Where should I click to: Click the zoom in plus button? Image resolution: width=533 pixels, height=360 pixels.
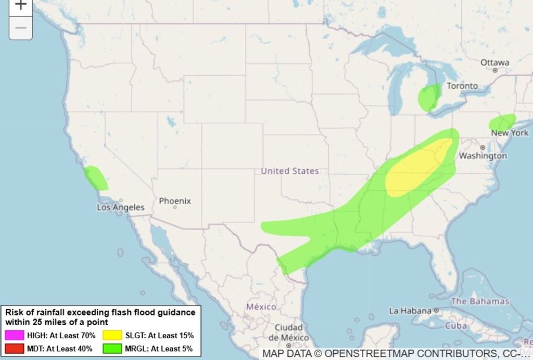[21, 5]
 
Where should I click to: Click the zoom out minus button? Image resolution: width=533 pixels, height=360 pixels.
[21, 28]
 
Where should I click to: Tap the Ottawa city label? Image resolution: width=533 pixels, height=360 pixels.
[494, 63]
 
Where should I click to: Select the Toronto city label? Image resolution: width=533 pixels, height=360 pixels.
[462, 86]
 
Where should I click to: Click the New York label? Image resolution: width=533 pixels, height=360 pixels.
[510, 133]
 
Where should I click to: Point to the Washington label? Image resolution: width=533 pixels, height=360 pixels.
[483, 156]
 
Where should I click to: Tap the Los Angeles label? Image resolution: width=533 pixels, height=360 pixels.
[121, 207]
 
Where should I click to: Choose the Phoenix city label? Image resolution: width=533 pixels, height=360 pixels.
[175, 201]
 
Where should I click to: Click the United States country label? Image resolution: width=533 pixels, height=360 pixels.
[290, 171]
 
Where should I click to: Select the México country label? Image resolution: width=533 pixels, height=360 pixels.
[261, 306]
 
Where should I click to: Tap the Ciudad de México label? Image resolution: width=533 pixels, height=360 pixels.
[288, 332]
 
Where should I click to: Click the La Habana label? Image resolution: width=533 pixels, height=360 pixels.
[410, 311]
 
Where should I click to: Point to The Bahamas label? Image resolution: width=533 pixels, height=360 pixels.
[480, 301]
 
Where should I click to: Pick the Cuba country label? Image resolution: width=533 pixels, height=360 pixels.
[455, 326]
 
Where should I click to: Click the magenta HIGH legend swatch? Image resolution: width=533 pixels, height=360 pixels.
[15, 336]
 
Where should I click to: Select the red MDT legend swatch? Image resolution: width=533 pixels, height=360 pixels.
[15, 349]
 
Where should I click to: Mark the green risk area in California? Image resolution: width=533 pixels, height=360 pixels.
[96, 178]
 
